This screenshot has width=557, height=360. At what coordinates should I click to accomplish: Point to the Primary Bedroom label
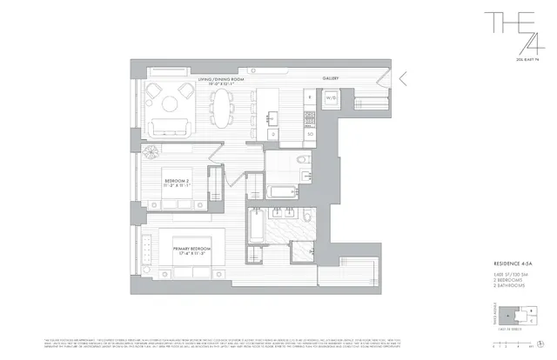[191, 250]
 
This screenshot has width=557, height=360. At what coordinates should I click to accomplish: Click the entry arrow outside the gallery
[403, 77]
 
